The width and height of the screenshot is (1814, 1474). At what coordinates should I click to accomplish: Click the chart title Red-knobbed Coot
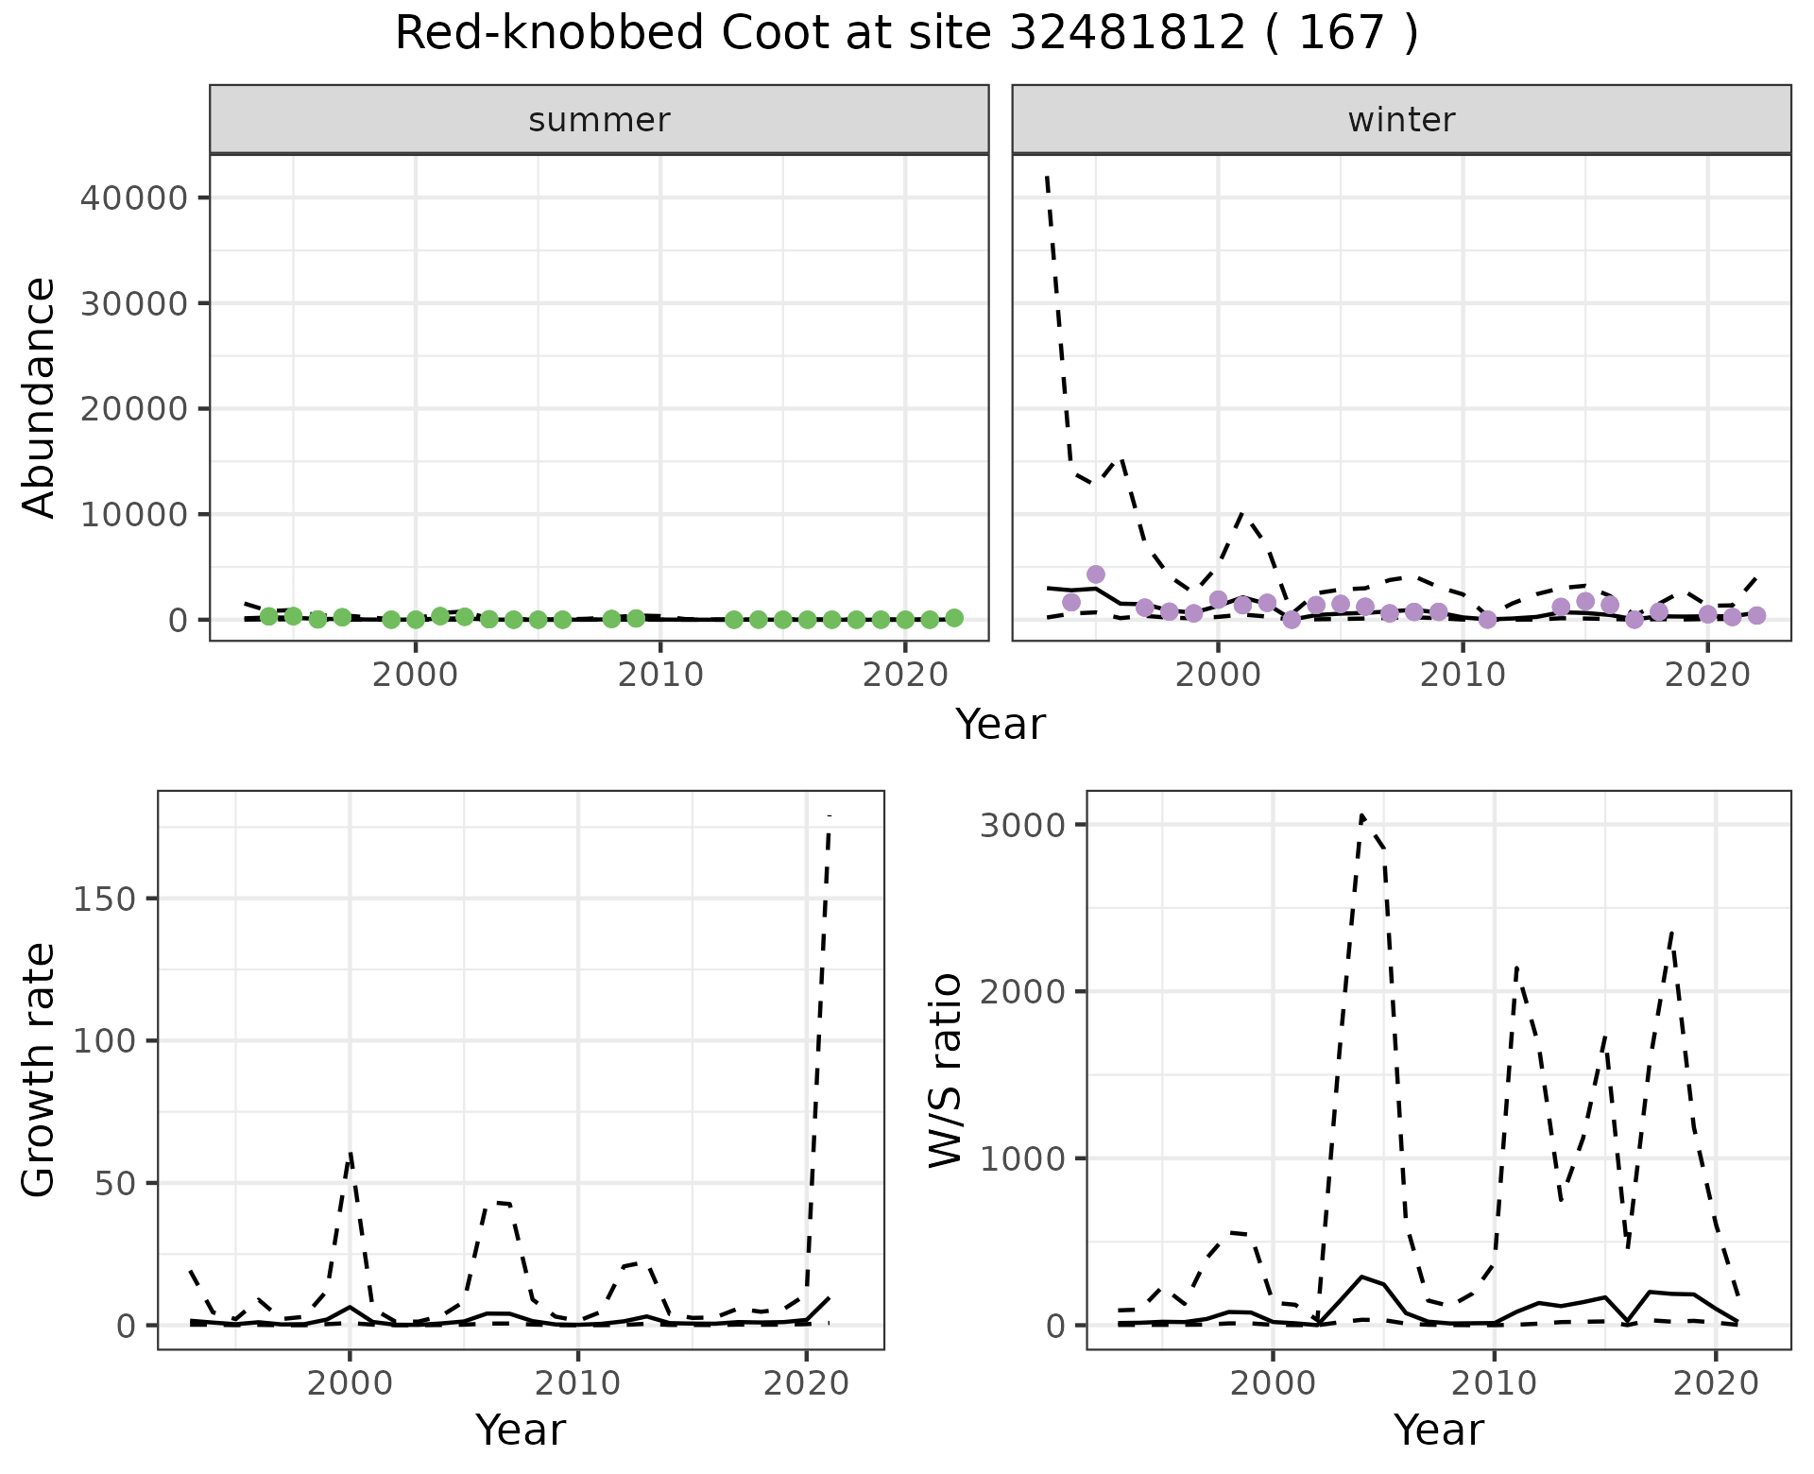[905, 35]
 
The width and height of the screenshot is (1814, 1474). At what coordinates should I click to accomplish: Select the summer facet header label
[599, 120]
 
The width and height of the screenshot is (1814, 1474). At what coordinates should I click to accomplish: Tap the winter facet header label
[1401, 120]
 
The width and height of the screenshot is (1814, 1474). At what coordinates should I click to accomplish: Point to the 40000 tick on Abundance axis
[133, 197]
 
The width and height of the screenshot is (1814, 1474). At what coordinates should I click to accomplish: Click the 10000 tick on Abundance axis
[133, 514]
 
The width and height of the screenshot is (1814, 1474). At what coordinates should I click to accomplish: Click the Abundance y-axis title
[40, 397]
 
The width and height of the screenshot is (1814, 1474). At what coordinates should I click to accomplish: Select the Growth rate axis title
[40, 1070]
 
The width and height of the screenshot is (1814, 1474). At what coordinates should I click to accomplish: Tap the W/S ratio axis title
[945, 1070]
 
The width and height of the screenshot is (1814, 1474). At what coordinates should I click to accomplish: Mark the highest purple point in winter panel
[1095, 574]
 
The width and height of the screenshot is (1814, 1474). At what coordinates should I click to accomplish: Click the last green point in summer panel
[954, 618]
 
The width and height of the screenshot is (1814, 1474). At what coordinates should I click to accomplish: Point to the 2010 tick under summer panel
[660, 676]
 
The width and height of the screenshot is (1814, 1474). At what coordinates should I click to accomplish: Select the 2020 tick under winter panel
[1708, 676]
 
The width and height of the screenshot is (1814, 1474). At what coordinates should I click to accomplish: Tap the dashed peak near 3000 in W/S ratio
[1361, 815]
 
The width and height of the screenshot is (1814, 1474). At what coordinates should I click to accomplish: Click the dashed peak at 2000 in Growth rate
[350, 1153]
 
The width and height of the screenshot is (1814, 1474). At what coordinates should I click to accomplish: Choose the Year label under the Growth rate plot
[521, 1430]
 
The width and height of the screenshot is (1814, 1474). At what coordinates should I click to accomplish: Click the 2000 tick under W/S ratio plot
[1274, 1384]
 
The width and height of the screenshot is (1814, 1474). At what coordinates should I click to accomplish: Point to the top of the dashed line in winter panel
[1047, 177]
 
